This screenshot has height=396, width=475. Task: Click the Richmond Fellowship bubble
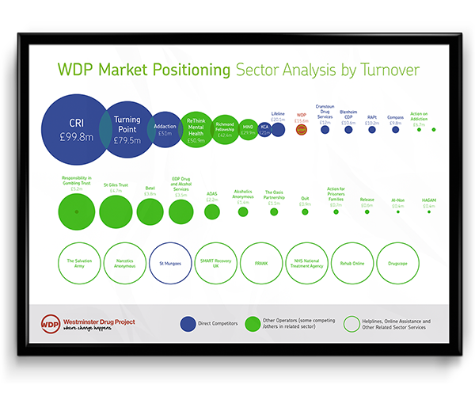pos(225,128)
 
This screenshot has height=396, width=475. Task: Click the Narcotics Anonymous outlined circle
pos(125,263)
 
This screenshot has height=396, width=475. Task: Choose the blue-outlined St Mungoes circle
pos(171,263)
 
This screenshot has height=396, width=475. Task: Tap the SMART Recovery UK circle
pos(216,263)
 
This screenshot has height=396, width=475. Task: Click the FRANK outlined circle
pos(261,263)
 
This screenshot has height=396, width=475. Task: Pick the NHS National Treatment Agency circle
pos(306,263)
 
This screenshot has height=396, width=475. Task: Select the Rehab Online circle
pos(351,263)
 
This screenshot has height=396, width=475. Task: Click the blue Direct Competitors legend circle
pos(188,323)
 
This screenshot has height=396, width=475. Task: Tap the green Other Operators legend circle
pos(255,323)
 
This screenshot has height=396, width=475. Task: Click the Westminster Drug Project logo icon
pos(50,324)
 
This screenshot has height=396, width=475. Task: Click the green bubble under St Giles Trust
pos(116,211)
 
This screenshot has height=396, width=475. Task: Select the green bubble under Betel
pos(150,211)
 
